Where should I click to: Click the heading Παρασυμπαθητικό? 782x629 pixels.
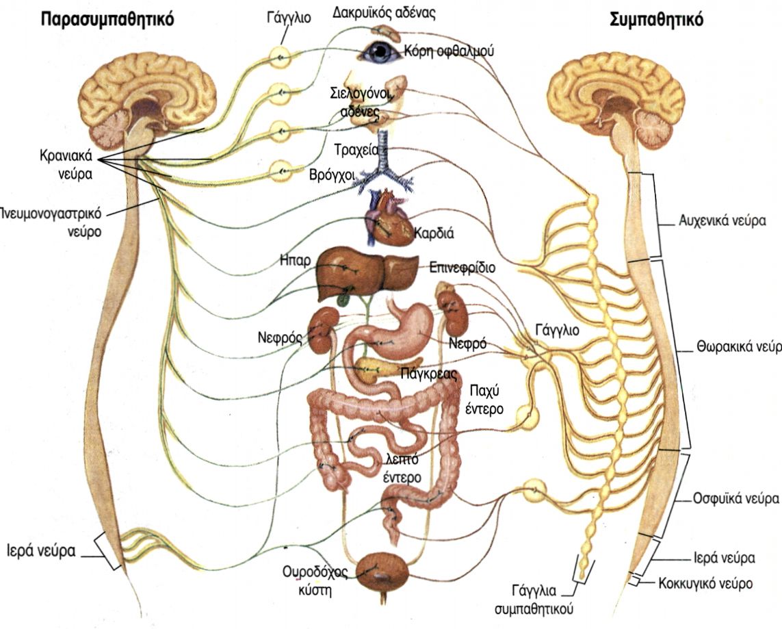(107, 18)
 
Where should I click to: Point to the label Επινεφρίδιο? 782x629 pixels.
(462, 268)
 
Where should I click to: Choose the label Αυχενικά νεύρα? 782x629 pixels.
(722, 222)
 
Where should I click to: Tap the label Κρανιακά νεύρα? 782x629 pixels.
(66, 165)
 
